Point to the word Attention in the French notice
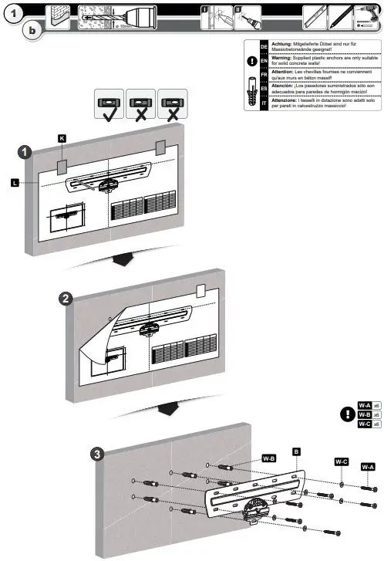[285, 72]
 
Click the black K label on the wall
[62, 137]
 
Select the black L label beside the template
[15, 182]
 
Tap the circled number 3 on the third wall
[95, 454]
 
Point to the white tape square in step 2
[200, 291]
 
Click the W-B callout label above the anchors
[268, 457]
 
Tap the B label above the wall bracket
[295, 450]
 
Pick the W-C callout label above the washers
[341, 461]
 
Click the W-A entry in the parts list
[364, 405]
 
